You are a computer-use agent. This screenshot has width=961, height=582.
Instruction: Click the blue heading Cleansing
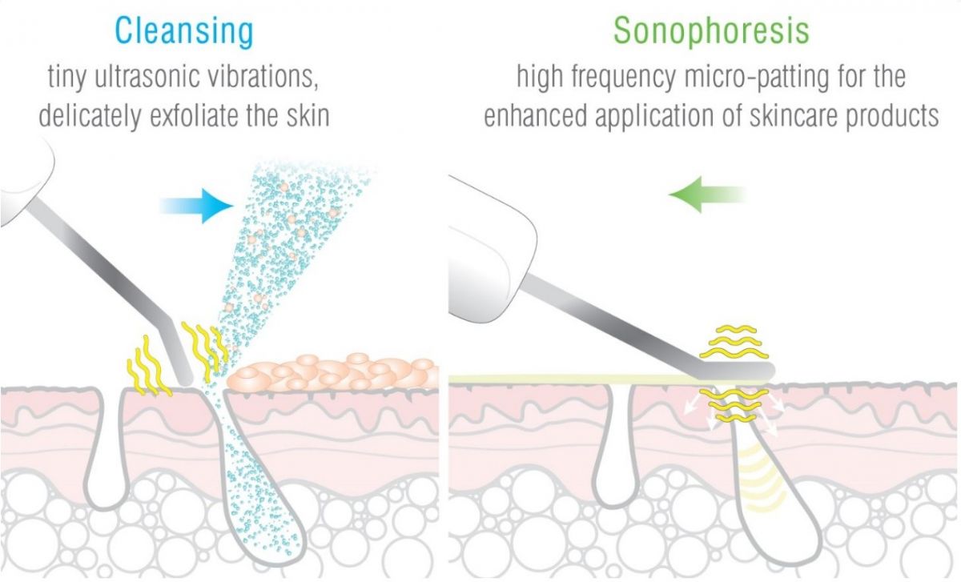(x=184, y=32)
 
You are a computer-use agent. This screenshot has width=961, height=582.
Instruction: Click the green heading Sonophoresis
(x=711, y=32)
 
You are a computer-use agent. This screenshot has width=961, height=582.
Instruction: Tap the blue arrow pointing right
(x=196, y=206)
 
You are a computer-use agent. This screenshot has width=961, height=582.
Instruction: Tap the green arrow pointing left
(x=707, y=195)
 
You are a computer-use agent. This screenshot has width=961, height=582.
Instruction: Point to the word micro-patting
(x=755, y=78)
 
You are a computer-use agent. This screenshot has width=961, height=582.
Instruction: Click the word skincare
(x=794, y=116)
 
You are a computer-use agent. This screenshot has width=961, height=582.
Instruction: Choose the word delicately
(x=90, y=116)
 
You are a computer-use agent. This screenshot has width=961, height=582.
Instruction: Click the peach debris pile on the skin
(x=332, y=371)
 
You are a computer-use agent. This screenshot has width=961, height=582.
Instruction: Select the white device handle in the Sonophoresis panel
(x=492, y=250)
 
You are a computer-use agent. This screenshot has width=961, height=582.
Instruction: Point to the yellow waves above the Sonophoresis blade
(x=734, y=342)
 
